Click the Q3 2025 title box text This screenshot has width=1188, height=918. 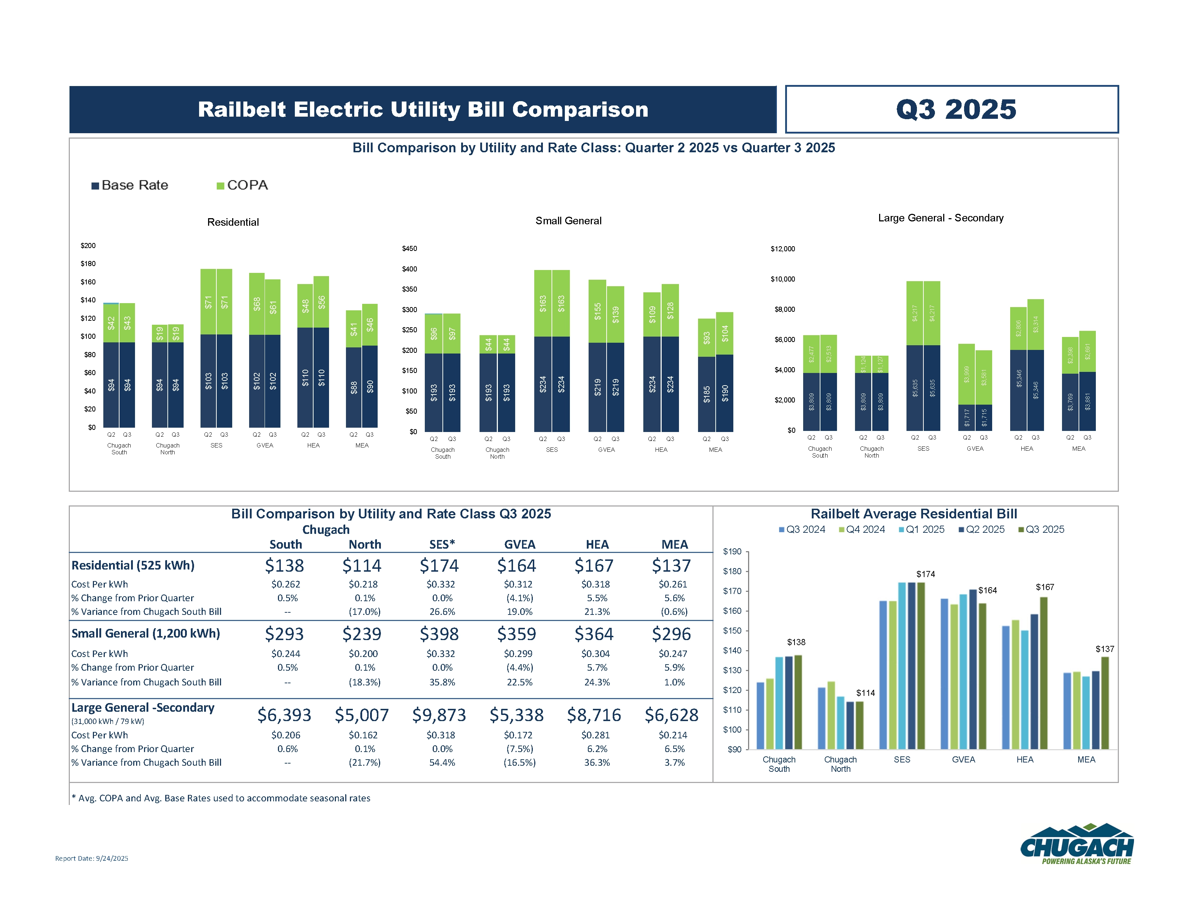pyautogui.click(x=956, y=109)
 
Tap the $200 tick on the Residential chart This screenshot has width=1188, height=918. pyautogui.click(x=88, y=246)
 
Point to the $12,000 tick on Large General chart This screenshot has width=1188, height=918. pyautogui.click(x=783, y=249)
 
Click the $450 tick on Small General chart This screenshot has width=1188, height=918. pyautogui.click(x=410, y=248)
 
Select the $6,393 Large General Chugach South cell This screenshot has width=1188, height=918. pyautogui.click(x=284, y=715)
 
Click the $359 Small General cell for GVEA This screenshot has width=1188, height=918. pyautogui.click(x=516, y=634)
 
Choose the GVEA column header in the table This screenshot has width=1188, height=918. pyautogui.click(x=519, y=544)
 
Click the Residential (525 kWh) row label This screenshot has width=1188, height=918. pyautogui.click(x=133, y=566)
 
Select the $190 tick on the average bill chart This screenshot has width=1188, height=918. pyautogui.click(x=732, y=552)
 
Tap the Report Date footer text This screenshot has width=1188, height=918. pyautogui.click(x=91, y=859)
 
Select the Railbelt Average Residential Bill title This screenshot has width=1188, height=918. pyautogui.click(x=913, y=514)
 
